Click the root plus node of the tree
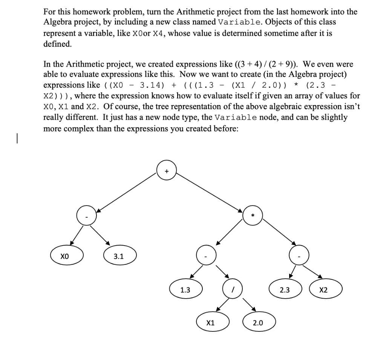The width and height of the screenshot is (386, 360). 167,171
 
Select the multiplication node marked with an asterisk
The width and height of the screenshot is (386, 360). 253,215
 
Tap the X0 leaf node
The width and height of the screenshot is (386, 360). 67,256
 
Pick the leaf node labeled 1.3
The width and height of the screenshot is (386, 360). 185,290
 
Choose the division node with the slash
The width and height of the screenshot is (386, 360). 233,290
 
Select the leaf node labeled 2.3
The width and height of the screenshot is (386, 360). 285,290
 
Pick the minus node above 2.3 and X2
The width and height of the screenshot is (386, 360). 299,256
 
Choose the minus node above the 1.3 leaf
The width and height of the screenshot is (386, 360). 206,256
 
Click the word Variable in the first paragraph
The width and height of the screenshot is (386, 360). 236,22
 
